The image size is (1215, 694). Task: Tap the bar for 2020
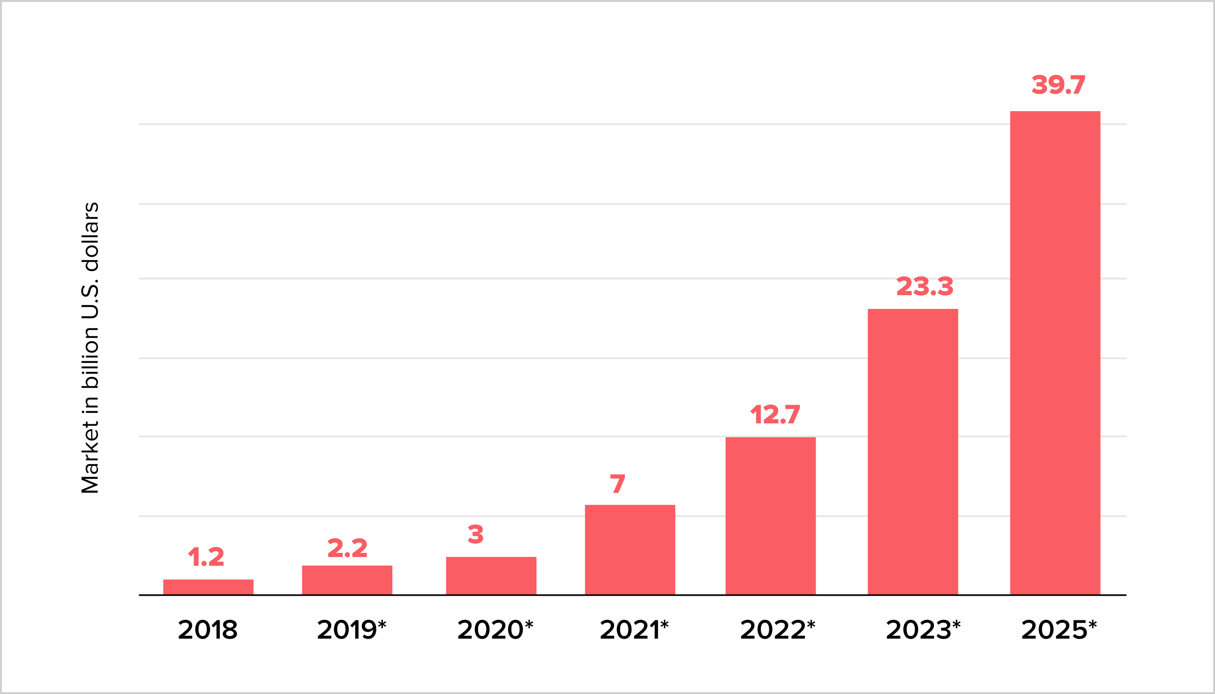[491, 575]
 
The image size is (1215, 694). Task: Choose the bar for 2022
[770, 515]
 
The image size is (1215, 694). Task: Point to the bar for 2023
[912, 451]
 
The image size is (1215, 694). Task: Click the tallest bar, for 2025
[1054, 353]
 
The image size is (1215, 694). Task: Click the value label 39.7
[1058, 85]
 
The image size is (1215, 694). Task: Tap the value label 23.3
[925, 286]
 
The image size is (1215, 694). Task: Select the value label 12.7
[775, 414]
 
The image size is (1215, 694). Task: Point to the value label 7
[618, 483]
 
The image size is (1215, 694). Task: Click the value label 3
[475, 534]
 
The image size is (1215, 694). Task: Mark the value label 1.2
[206, 557]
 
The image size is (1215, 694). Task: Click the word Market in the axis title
[90, 457]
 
